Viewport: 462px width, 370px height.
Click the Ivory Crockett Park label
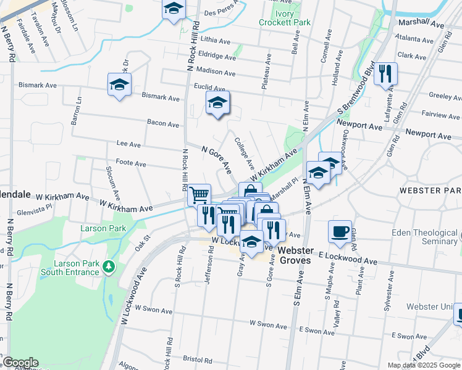[x=285, y=17]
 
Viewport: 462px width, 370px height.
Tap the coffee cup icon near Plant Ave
[x=340, y=231]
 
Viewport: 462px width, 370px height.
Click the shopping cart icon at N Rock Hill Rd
[x=199, y=195]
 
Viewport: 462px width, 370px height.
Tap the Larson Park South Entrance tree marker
[x=109, y=266]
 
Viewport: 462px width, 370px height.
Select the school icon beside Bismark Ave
[x=120, y=85]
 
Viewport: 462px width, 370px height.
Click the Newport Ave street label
[x=360, y=125]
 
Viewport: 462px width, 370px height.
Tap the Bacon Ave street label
[x=163, y=124]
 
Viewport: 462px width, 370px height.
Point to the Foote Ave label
[x=130, y=164]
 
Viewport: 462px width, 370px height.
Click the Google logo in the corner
[x=20, y=363]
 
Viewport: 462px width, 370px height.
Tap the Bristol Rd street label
[x=198, y=358]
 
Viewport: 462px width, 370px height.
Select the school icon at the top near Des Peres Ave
[x=174, y=9]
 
